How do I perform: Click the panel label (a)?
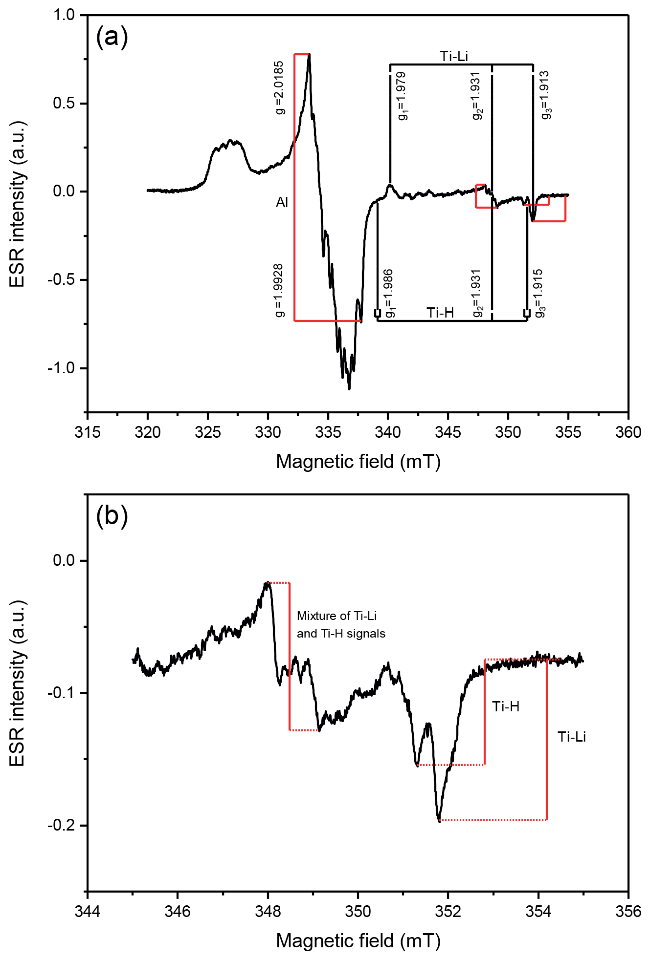click(112, 37)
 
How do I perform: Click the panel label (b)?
click(112, 516)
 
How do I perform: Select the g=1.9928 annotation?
click(279, 291)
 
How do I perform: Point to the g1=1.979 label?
click(402, 96)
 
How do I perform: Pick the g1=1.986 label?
click(389, 294)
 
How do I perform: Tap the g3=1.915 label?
click(538, 294)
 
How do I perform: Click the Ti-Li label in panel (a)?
click(454, 57)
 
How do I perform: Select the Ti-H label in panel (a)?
click(440, 313)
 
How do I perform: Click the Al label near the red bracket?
click(282, 202)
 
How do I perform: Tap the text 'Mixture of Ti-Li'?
click(336, 616)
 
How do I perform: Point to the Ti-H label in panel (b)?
click(506, 706)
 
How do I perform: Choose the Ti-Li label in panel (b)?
click(572, 737)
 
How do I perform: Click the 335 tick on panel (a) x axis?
click(328, 432)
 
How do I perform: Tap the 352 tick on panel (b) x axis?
click(448, 912)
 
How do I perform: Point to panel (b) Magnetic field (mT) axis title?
click(359, 940)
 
